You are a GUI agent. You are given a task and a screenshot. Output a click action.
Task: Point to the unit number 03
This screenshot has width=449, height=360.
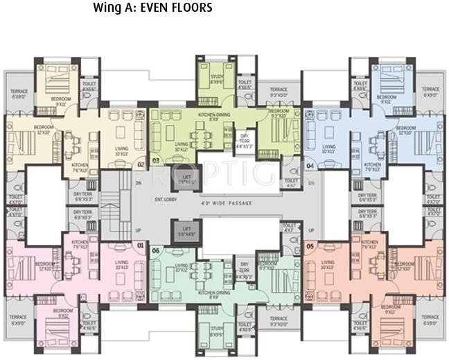coord(156,161)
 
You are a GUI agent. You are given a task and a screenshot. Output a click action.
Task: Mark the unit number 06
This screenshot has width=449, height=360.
coord(156,250)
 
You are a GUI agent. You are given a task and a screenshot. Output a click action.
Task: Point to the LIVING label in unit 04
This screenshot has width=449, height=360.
coord(328,148)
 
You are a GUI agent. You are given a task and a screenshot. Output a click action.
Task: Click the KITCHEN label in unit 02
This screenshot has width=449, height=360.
coord(80,166)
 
